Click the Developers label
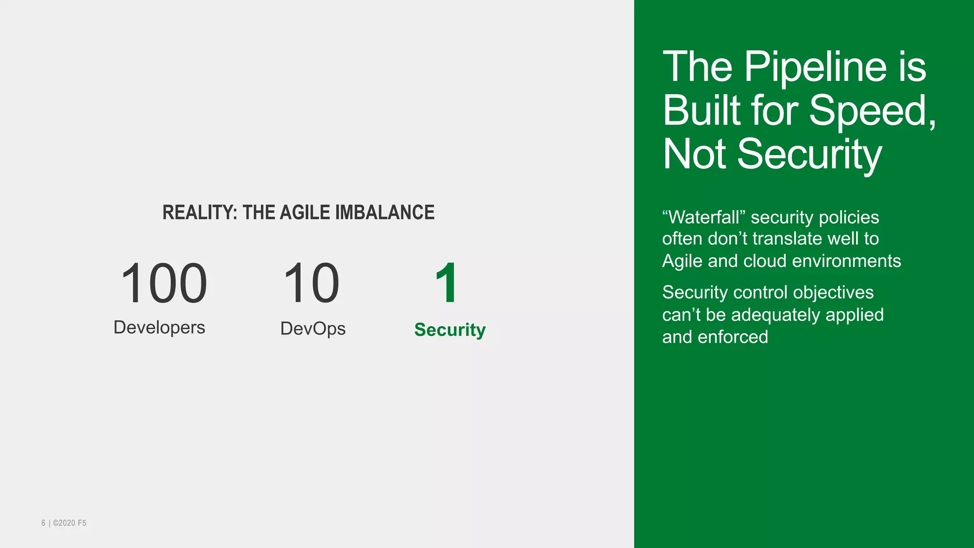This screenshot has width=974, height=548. click(159, 328)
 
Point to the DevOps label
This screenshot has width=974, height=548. click(313, 329)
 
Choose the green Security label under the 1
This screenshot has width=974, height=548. click(450, 330)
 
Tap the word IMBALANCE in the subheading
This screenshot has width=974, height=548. click(385, 213)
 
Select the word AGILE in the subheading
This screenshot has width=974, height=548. click(304, 213)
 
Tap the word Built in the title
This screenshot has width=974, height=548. click(701, 110)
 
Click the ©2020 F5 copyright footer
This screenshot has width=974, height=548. click(69, 523)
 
